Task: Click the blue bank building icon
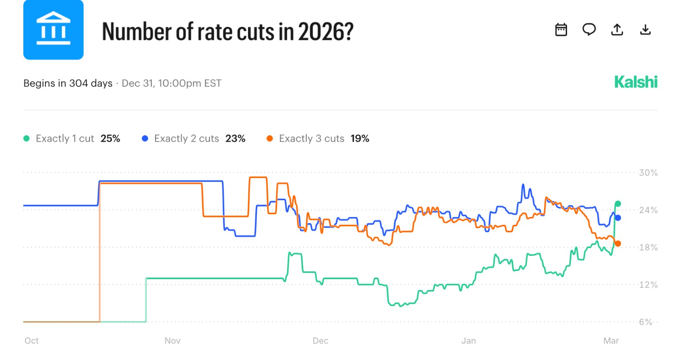(x=53, y=30)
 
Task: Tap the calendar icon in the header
(x=561, y=30)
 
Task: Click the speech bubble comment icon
(x=589, y=29)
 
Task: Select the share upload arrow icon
(x=617, y=29)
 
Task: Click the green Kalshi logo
(x=636, y=82)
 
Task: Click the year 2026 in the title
(x=325, y=32)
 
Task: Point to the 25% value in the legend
(x=110, y=139)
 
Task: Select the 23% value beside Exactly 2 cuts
(x=235, y=139)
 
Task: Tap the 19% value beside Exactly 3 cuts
(x=360, y=139)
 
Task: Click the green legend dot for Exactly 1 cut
(x=26, y=139)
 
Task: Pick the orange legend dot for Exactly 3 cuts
(x=270, y=139)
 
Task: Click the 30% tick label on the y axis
(x=648, y=173)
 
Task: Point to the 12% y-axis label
(x=648, y=285)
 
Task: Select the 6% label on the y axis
(x=646, y=322)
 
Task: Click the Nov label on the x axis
(x=172, y=341)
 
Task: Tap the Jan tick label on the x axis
(x=469, y=341)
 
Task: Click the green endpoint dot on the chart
(x=618, y=204)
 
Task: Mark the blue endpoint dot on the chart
(x=618, y=218)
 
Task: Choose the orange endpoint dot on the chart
(x=618, y=244)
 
